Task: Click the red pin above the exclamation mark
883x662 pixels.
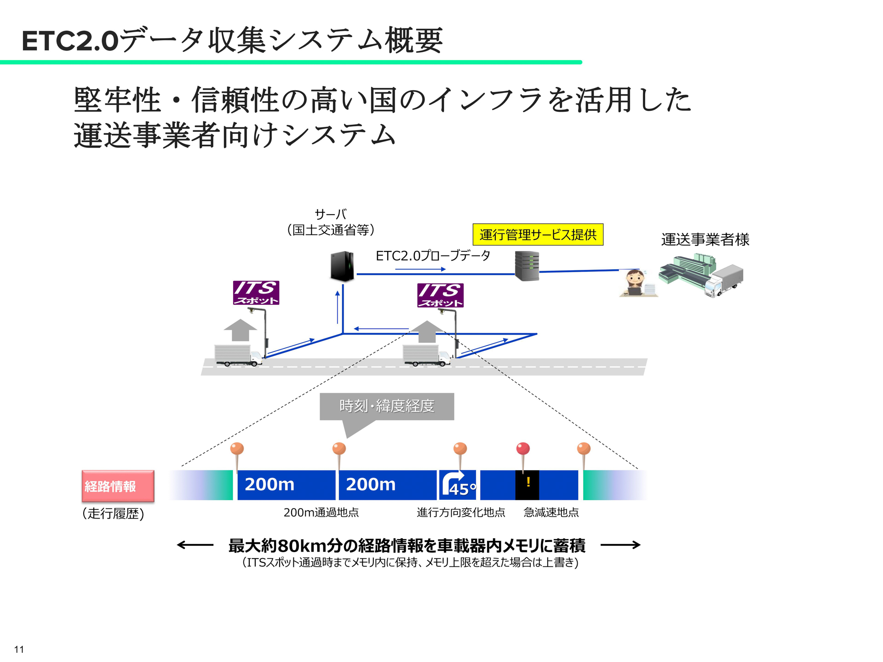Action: click(523, 449)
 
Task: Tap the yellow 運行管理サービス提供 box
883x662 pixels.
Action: click(538, 235)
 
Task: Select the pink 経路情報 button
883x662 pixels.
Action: click(118, 486)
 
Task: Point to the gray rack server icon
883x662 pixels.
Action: click(527, 266)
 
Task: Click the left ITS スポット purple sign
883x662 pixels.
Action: click(256, 293)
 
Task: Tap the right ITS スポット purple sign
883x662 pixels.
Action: click(440, 295)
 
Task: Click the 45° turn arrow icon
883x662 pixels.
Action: click(458, 484)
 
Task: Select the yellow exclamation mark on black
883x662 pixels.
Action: click(528, 482)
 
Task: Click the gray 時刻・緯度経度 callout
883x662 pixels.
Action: click(387, 406)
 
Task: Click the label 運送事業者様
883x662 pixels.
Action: click(705, 240)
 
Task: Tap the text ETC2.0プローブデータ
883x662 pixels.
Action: click(433, 256)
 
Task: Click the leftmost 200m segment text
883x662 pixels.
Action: click(269, 485)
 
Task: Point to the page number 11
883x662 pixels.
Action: click(19, 649)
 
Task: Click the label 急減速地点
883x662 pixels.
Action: click(551, 512)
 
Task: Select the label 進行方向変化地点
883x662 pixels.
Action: click(461, 512)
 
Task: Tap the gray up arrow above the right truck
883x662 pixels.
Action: click(427, 331)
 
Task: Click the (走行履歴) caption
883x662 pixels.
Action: click(113, 514)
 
